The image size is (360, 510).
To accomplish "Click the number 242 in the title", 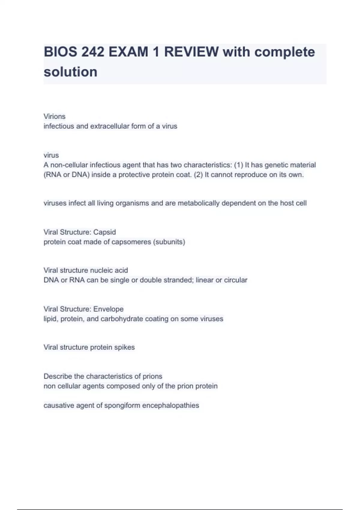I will pyautogui.click(x=93, y=52).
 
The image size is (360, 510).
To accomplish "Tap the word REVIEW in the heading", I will pyautogui.click(x=191, y=52).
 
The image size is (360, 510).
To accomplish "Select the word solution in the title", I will pyautogui.click(x=70, y=72).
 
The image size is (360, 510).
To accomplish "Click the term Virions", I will pyautogui.click(x=54, y=116).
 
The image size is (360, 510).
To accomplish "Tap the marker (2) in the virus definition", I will pyautogui.click(x=198, y=175).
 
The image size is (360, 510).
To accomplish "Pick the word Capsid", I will pyautogui.click(x=104, y=232).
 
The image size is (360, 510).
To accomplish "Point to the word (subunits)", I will pyautogui.click(x=169, y=242).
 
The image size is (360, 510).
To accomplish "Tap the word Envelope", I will pyautogui.click(x=108, y=309).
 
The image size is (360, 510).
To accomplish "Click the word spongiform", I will pyautogui.click(x=122, y=406).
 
